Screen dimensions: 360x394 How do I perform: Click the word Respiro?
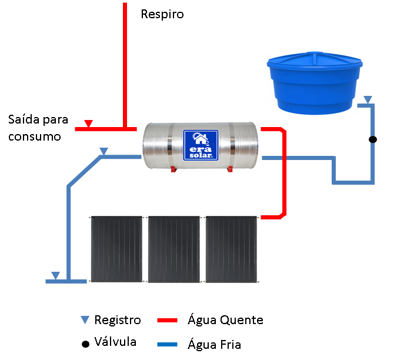162,14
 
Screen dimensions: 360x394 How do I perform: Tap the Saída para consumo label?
38,128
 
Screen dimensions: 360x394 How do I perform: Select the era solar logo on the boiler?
201,145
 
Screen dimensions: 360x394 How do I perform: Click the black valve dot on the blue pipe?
372,139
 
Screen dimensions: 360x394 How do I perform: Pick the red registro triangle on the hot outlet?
88,124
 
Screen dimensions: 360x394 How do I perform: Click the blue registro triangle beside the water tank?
367,100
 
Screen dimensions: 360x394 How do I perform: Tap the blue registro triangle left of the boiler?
104,152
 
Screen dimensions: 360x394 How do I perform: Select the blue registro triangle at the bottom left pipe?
55,275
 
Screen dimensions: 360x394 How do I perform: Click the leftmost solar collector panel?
116,249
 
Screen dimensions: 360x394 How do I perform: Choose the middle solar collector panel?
174,249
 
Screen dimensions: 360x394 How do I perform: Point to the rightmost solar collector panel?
232,249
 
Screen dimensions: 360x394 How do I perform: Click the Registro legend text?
118,320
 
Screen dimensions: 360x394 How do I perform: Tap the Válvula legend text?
116,342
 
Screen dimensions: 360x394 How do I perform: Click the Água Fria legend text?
214,344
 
